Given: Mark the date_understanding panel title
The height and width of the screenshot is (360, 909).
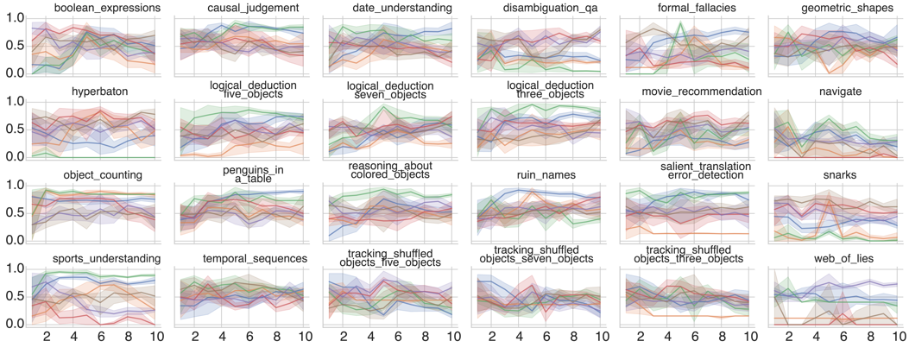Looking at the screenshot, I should click(390, 9).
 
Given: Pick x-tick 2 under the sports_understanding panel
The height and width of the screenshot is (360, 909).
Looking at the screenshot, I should click(47, 338).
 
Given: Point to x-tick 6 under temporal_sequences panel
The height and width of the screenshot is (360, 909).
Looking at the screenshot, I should click(250, 338).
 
